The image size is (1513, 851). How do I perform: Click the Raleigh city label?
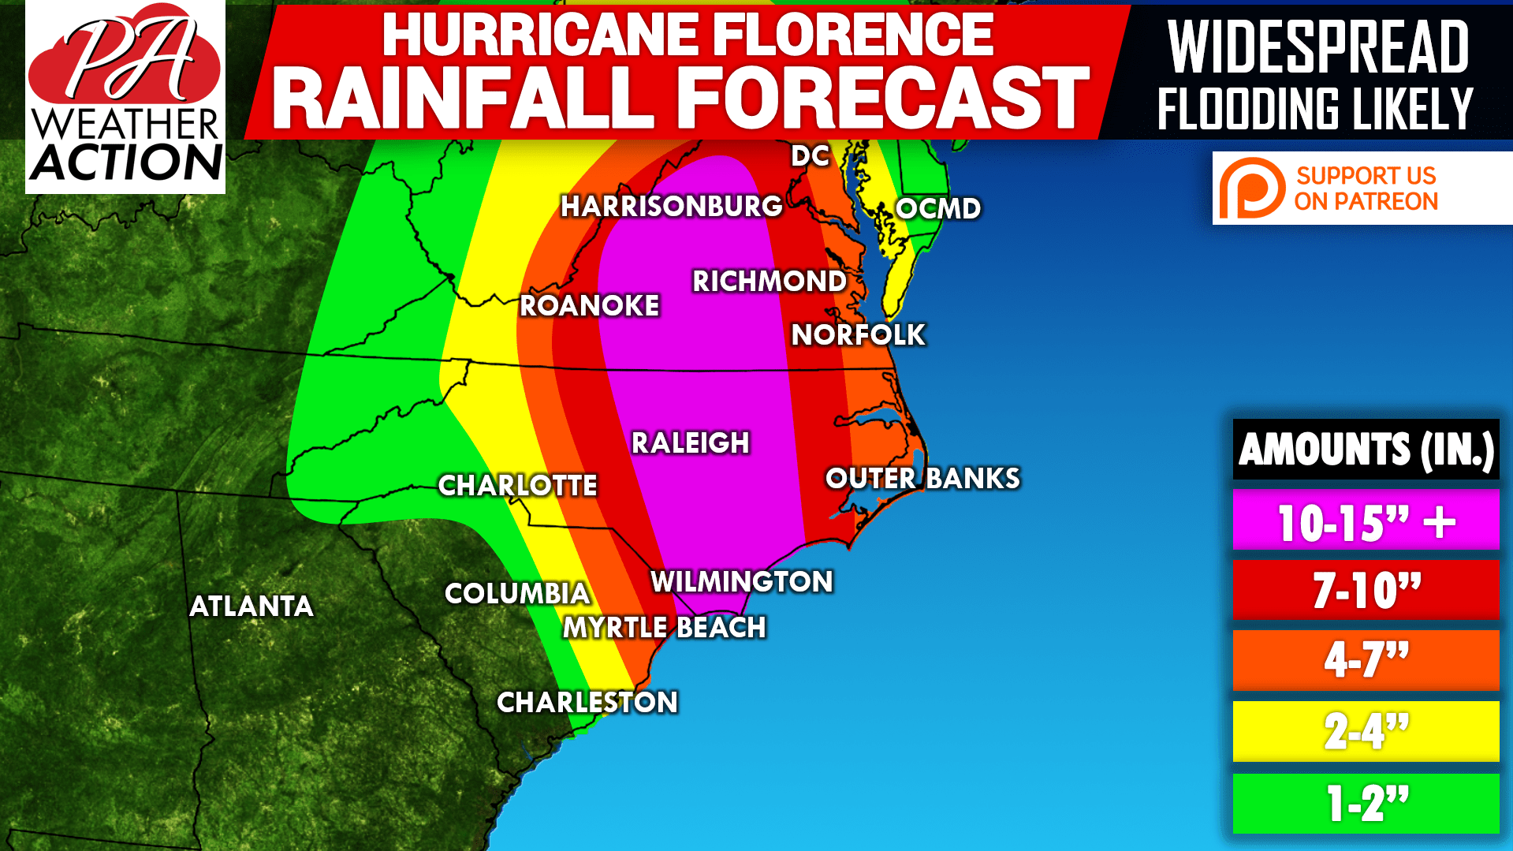[690, 443]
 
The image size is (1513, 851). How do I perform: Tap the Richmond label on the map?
[769, 282]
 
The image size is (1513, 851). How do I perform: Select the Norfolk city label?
[858, 335]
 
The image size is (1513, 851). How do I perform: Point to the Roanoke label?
[589, 306]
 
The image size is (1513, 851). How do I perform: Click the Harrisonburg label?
[671, 207]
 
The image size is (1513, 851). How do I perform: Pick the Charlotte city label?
[517, 486]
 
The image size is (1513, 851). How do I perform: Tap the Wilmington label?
[741, 582]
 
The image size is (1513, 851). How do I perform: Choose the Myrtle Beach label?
[664, 628]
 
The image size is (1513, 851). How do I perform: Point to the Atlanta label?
[252, 607]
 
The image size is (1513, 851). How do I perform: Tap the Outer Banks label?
[922, 479]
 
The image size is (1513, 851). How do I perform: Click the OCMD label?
[938, 209]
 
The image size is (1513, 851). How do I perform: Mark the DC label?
[811, 156]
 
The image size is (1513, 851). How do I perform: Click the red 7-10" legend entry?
[1366, 590]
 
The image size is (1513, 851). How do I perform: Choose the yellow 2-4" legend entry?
[1366, 731]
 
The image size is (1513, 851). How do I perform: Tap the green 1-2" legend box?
[1366, 804]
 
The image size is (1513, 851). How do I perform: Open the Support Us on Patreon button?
[1362, 188]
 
